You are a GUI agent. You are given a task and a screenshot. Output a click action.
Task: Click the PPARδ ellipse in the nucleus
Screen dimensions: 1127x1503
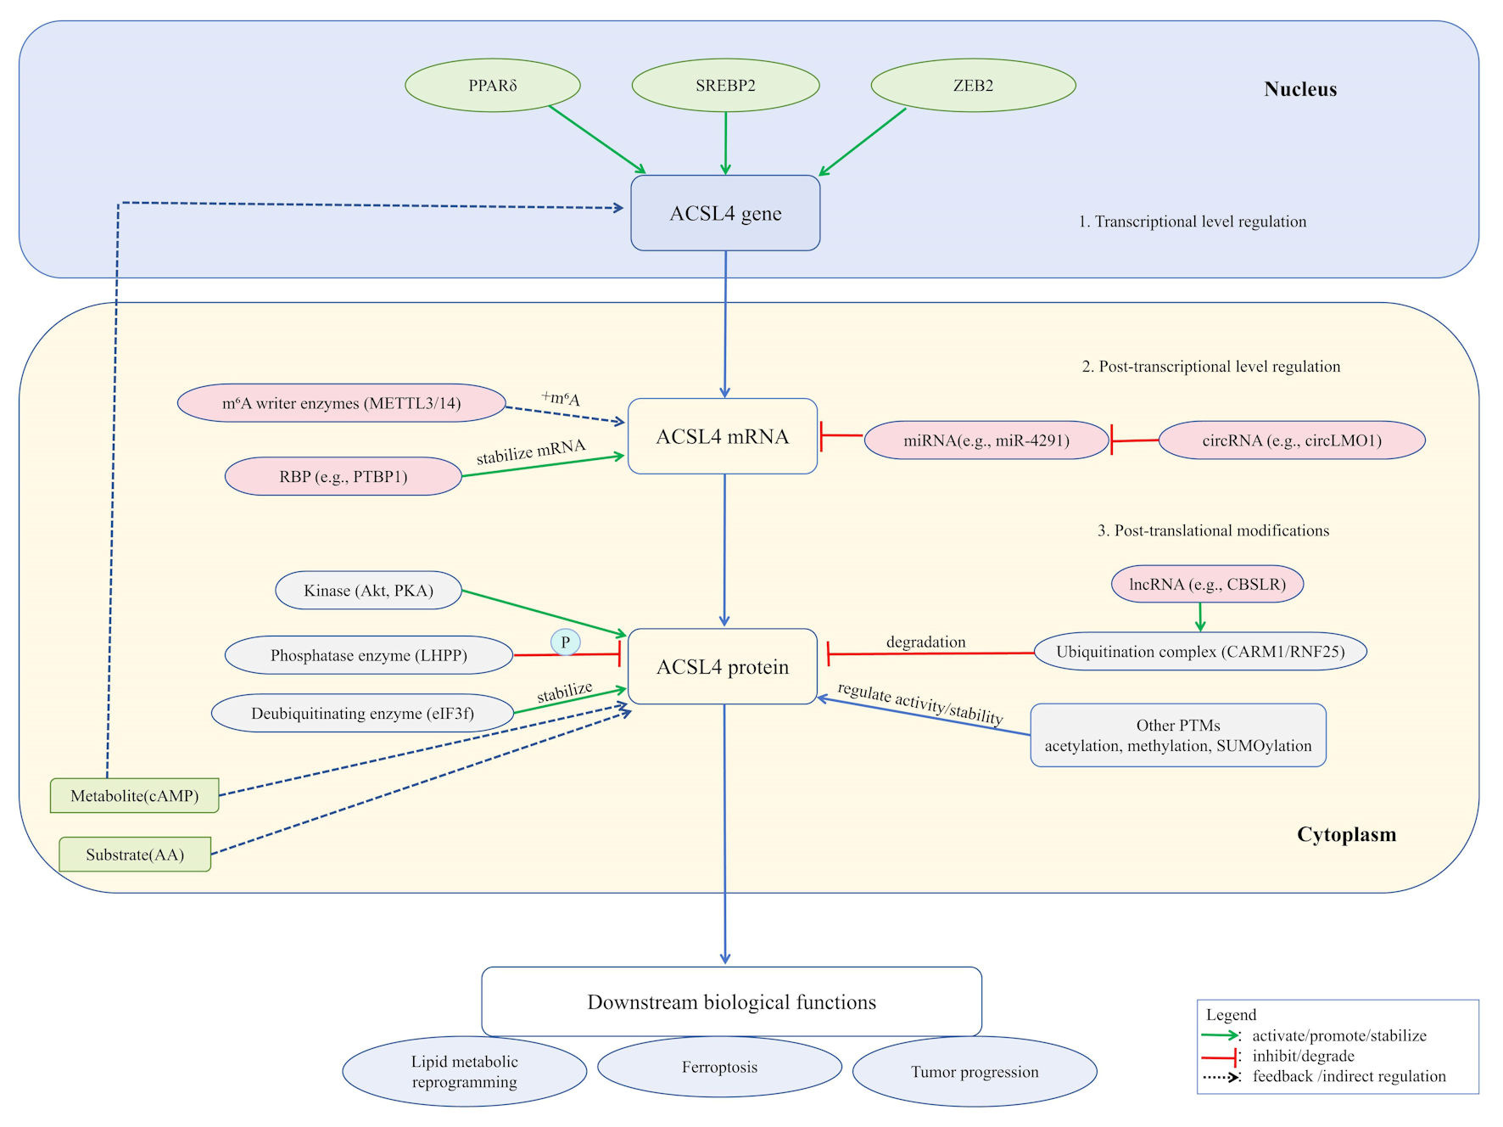point(493,85)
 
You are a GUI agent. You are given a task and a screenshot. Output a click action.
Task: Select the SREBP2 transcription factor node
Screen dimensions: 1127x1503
point(725,85)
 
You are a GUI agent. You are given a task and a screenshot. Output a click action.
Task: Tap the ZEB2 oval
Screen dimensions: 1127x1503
point(973,85)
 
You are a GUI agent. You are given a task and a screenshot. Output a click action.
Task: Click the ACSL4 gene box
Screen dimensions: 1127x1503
point(725,213)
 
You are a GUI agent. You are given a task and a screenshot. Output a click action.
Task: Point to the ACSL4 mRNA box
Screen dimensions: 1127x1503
point(723,436)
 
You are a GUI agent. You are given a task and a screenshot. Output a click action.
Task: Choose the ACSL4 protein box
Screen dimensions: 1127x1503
point(723,667)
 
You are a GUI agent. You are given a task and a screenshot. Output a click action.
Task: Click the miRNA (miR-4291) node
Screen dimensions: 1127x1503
point(986,440)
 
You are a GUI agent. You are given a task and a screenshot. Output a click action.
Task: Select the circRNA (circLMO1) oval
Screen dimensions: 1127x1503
point(1292,440)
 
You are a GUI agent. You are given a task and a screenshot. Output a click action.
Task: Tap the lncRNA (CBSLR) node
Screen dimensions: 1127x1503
point(1207,584)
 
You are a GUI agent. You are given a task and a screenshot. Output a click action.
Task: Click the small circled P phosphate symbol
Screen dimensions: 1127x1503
point(566,642)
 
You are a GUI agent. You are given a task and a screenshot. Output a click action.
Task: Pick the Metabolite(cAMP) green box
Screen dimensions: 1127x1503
point(135,796)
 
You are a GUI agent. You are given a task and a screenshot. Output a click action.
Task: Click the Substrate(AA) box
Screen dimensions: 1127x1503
point(135,855)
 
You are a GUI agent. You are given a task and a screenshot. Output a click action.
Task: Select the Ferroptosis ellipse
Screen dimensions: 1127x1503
point(719,1067)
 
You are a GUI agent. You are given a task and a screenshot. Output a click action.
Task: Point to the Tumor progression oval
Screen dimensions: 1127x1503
point(975,1071)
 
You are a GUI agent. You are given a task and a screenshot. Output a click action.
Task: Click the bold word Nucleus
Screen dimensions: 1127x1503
point(1300,89)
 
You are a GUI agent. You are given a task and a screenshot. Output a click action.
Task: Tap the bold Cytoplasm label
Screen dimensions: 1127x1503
point(1346,834)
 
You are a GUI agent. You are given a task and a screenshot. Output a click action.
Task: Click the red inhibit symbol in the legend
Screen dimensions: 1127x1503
point(1221,1057)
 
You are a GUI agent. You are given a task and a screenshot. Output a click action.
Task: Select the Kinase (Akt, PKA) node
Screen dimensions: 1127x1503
point(368,590)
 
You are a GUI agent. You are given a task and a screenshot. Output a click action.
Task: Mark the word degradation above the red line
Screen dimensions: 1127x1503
point(925,642)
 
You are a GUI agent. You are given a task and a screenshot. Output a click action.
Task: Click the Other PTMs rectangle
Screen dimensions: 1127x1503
point(1178,735)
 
